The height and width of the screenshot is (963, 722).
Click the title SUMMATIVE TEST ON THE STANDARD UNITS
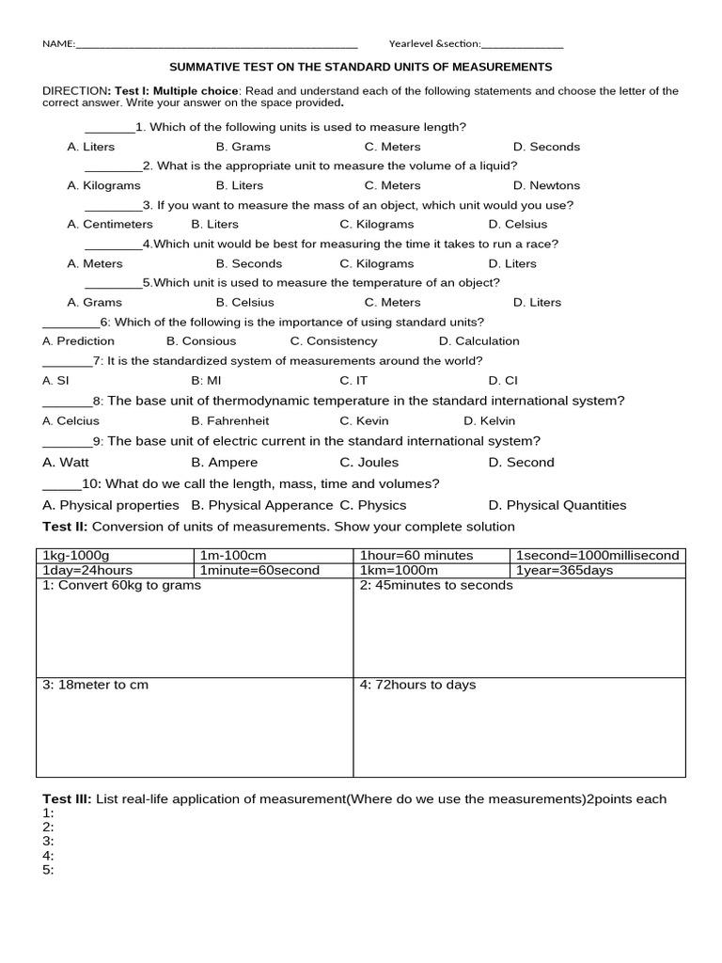360,68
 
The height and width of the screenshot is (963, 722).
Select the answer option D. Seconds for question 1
546,147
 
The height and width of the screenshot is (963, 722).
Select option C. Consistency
333,341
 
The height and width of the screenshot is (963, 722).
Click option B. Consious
201,341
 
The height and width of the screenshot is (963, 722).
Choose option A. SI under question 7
55,381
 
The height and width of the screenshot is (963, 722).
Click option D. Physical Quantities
557,505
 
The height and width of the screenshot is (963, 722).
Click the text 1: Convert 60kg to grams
121,585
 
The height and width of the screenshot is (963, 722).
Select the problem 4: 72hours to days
417,685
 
